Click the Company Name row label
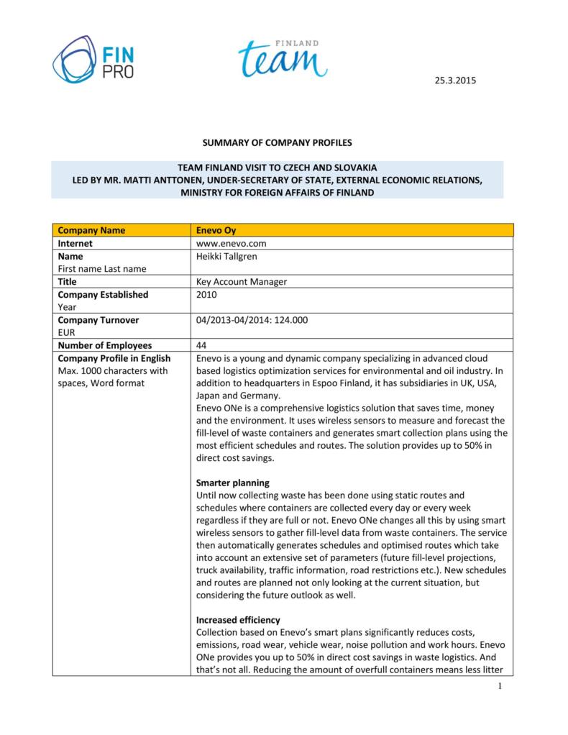point(91,230)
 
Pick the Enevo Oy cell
point(216,230)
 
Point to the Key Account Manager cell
point(242,282)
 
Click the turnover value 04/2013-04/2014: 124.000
point(252,319)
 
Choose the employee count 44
point(201,345)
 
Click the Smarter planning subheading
point(232,482)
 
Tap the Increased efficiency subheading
point(238,619)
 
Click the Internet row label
point(75,243)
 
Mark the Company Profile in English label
point(114,358)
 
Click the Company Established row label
point(103,294)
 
